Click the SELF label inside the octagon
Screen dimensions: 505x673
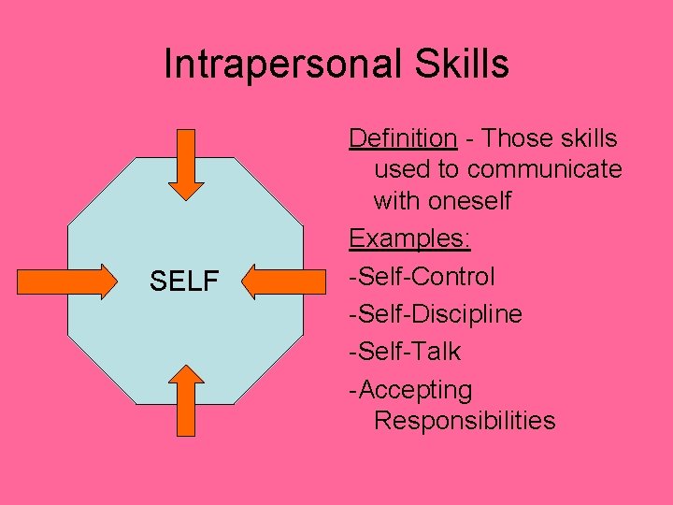[x=185, y=280]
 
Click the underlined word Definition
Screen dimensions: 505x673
[x=402, y=138]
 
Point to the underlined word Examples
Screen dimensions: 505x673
[x=409, y=238]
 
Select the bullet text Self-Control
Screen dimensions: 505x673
[x=422, y=277]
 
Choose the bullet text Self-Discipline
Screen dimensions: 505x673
[x=436, y=314]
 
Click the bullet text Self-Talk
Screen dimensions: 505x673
[x=405, y=352]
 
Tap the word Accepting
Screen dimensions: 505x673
[x=414, y=390]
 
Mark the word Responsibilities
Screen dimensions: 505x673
[x=464, y=421]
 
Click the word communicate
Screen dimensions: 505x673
[x=544, y=169]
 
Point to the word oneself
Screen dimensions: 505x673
[x=470, y=200]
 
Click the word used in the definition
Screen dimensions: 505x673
[x=399, y=169]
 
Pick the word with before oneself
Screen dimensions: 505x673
[x=398, y=200]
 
